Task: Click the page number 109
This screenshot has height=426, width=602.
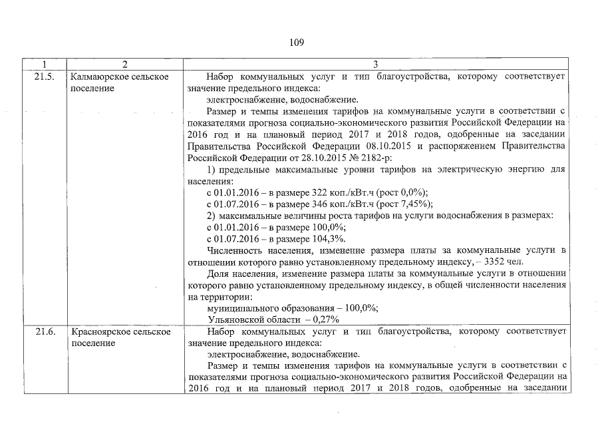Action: click(296, 43)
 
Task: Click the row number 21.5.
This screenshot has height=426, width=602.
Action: click(44, 77)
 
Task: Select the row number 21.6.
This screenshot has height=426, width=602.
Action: click(44, 331)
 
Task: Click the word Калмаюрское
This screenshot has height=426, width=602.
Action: click(98, 77)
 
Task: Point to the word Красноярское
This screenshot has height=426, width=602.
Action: click(100, 331)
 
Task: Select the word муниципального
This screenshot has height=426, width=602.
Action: click(243, 308)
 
